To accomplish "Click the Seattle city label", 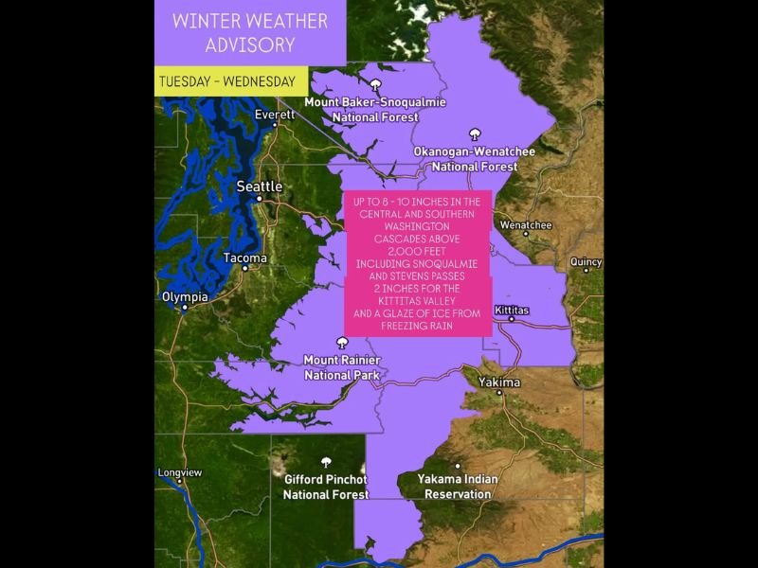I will click(259, 186).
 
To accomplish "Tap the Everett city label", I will click(275, 115).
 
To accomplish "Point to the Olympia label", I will click(185, 295).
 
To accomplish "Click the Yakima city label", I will click(499, 382).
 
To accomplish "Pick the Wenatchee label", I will click(525, 225).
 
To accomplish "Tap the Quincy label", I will click(585, 262).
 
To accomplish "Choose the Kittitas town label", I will click(513, 310).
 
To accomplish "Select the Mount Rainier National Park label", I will click(341, 367).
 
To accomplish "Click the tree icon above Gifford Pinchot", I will click(326, 462).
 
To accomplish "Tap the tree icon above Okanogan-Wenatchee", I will click(475, 134).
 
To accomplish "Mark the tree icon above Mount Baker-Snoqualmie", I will click(375, 85).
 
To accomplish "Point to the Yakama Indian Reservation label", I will click(458, 487).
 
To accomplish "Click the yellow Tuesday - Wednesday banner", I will click(226, 80).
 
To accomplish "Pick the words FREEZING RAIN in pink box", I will click(417, 326).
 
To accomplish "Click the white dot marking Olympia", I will click(185, 307).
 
